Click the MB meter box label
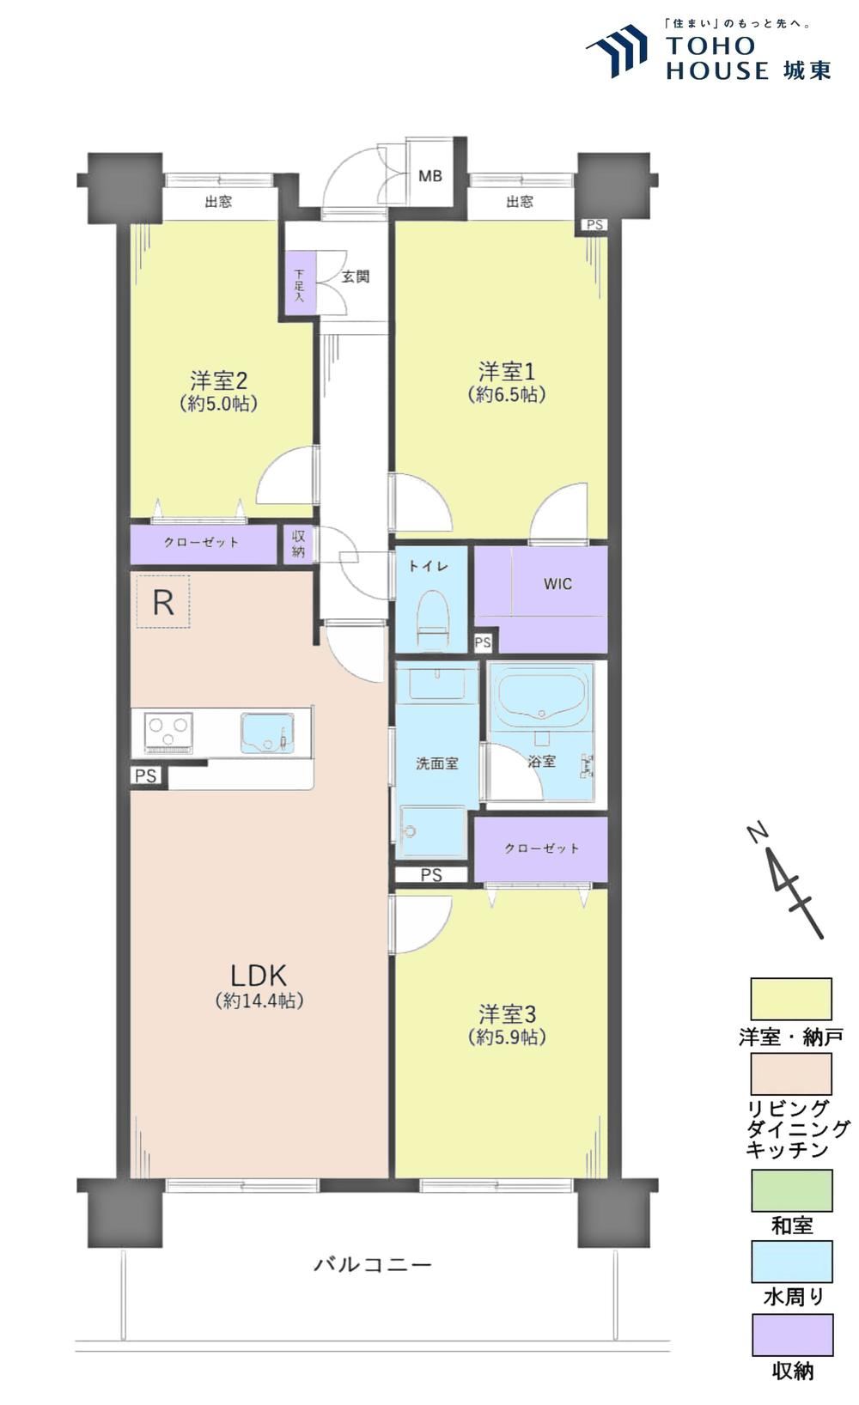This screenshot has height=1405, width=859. tap(429, 176)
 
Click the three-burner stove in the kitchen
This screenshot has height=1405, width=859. tap(168, 732)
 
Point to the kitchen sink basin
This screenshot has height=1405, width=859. tap(267, 732)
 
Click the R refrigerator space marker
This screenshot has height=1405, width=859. tap(164, 601)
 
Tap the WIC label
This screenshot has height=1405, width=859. tap(557, 584)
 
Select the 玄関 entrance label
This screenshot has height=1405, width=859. tap(355, 276)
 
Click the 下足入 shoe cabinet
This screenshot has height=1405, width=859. tap(300, 283)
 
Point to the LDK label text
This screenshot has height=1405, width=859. tap(259, 976)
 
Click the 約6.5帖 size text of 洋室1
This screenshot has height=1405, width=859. tap(506, 394)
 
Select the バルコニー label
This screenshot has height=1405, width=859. tap(373, 1264)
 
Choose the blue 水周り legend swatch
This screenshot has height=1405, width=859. tap(793, 1262)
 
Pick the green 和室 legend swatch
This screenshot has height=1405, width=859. tap(792, 1189)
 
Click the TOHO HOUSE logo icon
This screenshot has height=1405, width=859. tap(616, 51)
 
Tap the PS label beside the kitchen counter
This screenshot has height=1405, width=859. tap(145, 775)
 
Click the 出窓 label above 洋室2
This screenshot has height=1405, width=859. tap(218, 201)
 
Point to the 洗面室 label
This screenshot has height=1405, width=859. tap(436, 763)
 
